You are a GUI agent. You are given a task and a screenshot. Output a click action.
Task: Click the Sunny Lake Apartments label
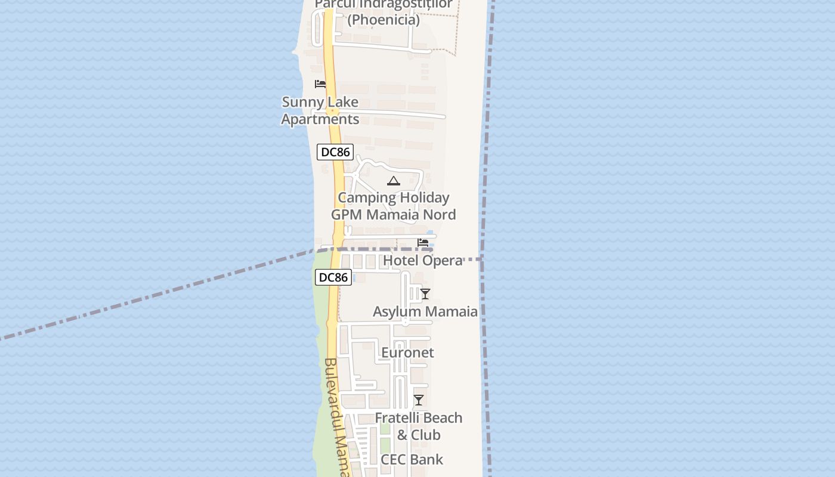tap(320, 110)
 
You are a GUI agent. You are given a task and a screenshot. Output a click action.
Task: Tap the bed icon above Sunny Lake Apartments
tap(320, 84)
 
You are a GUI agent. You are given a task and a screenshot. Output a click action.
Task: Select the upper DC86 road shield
tap(334, 152)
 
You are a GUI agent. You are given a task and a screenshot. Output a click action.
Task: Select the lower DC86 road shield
tap(333, 277)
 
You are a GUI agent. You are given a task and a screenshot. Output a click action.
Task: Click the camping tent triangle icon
tap(393, 181)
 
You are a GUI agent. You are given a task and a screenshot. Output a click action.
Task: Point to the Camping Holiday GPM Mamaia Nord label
tap(394, 206)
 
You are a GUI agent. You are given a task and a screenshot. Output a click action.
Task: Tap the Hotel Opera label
tap(423, 261)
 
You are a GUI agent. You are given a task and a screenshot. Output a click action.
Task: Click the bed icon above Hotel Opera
tap(423, 243)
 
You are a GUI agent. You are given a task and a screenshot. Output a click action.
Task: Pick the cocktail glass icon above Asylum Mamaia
tap(425, 294)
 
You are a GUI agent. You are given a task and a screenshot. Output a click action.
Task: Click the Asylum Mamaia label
tap(425, 312)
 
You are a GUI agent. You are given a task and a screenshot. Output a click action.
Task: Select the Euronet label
tap(407, 353)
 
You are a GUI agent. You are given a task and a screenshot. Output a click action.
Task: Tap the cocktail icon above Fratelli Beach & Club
tap(419, 400)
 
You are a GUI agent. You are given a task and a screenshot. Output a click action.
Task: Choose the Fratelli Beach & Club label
tap(419, 426)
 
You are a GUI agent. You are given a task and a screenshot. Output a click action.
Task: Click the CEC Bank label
tap(412, 460)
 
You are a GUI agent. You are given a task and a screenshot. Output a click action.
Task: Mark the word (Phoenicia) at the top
tap(384, 20)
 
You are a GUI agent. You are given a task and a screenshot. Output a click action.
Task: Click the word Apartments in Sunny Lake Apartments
tap(320, 119)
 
